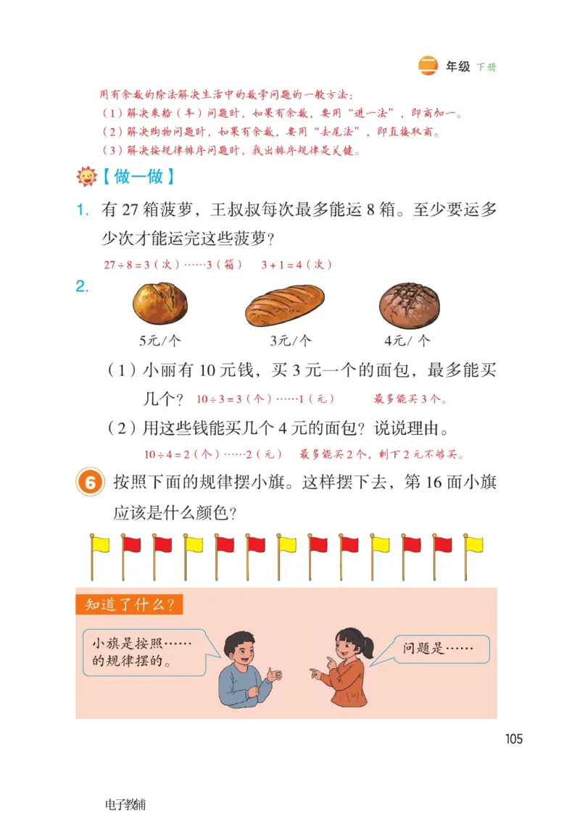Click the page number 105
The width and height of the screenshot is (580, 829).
click(x=514, y=739)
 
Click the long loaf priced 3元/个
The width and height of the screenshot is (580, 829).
click(x=284, y=305)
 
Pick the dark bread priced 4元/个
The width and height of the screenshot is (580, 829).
click(x=410, y=305)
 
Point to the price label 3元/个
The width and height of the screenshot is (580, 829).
click(x=290, y=340)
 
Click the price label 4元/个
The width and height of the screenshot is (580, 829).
click(x=407, y=340)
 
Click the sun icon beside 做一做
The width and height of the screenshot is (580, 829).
click(x=86, y=177)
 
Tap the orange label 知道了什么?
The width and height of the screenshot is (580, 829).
click(x=129, y=604)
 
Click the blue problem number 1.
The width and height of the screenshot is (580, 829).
click(x=83, y=211)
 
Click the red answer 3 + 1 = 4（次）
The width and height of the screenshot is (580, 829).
click(x=297, y=264)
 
